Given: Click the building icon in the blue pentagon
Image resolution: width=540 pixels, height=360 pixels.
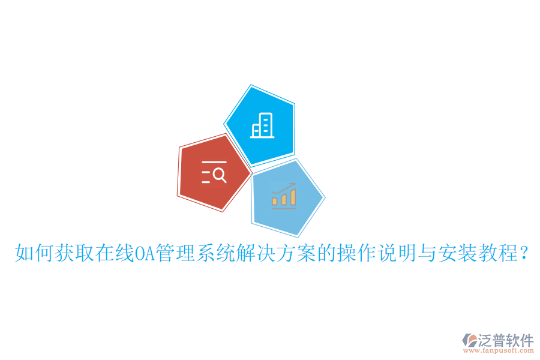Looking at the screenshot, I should pos(262,125).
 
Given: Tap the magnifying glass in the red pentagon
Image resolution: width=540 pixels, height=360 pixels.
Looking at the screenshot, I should pos(220,175).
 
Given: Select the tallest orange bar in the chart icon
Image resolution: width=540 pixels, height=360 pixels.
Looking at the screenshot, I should pos(292,197).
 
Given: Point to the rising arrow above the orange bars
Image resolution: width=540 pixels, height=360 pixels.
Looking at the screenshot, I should pos(283,188).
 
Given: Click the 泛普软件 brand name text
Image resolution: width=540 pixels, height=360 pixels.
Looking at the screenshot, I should pos(505,340).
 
